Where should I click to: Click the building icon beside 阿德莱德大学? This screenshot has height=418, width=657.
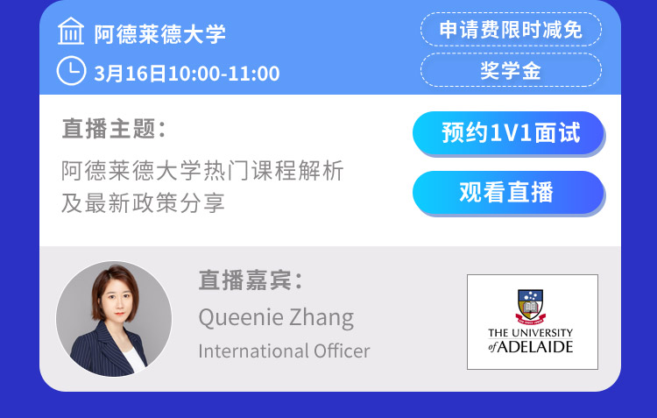(71, 31)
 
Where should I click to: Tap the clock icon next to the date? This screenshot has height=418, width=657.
(71, 71)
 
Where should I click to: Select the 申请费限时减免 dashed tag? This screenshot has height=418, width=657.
(511, 29)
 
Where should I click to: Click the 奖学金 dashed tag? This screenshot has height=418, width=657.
(511, 70)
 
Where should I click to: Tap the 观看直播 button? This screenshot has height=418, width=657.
(508, 193)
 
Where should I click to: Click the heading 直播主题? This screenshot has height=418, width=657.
(114, 128)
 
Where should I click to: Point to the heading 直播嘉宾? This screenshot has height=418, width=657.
(251, 280)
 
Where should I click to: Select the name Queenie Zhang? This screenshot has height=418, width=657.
(276, 317)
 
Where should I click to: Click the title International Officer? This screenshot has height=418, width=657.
(284, 351)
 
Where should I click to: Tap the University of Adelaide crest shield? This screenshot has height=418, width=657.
(531, 305)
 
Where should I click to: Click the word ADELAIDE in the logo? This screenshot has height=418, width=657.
(535, 347)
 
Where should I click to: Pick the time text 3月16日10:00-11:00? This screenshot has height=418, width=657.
(187, 74)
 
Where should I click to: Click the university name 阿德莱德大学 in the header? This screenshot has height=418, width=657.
(159, 34)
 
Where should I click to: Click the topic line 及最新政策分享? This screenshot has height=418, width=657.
(143, 203)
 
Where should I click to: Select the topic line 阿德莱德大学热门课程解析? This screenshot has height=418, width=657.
(203, 171)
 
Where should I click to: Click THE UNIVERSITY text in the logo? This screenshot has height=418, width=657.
(531, 333)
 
